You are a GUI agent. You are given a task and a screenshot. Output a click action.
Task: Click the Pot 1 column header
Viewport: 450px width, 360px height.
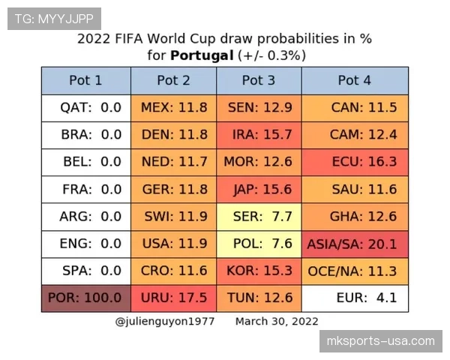click(x=86, y=81)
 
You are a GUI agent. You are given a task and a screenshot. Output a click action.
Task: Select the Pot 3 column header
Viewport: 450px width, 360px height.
click(x=259, y=81)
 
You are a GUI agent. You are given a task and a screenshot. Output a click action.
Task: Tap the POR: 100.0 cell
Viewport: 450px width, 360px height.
click(x=86, y=298)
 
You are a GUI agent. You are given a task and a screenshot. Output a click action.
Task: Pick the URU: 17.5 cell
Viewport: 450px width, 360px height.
click(x=174, y=298)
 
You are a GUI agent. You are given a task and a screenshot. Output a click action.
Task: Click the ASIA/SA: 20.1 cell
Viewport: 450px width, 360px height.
click(x=355, y=244)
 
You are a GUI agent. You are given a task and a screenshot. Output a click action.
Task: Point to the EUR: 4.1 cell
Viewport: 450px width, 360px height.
click(x=355, y=298)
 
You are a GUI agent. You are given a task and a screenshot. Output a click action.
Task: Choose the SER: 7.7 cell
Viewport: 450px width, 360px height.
click(x=259, y=217)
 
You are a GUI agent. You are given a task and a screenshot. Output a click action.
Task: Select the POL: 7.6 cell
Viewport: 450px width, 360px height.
click(x=259, y=244)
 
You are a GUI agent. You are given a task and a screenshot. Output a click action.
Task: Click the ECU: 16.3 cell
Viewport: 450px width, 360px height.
click(x=355, y=162)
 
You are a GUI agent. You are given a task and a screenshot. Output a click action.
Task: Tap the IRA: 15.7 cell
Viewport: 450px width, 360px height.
click(x=259, y=135)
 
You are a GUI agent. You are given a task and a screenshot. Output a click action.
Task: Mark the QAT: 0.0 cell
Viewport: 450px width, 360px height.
click(x=86, y=108)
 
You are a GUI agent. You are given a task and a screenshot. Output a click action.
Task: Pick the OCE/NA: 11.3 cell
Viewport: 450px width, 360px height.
click(x=355, y=271)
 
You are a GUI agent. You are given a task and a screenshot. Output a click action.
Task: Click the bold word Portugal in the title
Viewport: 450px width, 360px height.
click(x=202, y=55)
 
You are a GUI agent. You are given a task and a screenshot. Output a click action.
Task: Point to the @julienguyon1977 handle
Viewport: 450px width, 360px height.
click(x=165, y=322)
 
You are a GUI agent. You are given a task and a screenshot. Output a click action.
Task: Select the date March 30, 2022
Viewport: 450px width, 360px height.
click(x=277, y=322)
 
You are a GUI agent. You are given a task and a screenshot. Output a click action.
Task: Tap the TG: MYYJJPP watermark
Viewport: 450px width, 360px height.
click(x=54, y=19)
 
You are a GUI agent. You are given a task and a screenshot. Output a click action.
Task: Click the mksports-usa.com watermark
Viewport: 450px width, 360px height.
click(x=381, y=341)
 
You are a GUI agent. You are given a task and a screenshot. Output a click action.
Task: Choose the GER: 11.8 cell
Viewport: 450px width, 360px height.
click(x=174, y=190)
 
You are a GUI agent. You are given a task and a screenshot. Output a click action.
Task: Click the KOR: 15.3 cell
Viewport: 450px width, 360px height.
click(x=259, y=271)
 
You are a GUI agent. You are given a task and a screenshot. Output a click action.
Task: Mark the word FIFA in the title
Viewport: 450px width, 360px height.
click(x=129, y=39)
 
